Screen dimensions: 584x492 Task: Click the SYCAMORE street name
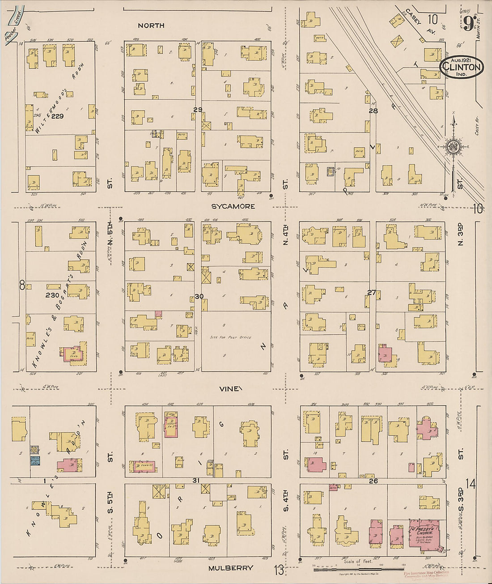click(234, 206)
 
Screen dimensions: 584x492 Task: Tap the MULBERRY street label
click(230, 568)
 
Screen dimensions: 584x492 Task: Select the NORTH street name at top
click(151, 26)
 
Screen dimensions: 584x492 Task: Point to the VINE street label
click(231, 389)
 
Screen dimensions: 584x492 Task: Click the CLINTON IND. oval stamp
click(461, 67)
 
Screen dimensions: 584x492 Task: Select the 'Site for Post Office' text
click(230, 337)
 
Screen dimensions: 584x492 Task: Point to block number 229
click(57, 116)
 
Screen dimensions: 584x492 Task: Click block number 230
click(52, 295)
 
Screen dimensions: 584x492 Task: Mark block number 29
click(198, 110)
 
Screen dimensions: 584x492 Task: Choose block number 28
click(373, 111)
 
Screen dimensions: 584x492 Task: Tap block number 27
click(371, 292)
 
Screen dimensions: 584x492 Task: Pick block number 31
click(195, 480)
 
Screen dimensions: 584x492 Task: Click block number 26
click(373, 481)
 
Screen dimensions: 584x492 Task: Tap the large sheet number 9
click(468, 23)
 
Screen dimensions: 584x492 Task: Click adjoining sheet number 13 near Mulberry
click(279, 570)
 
